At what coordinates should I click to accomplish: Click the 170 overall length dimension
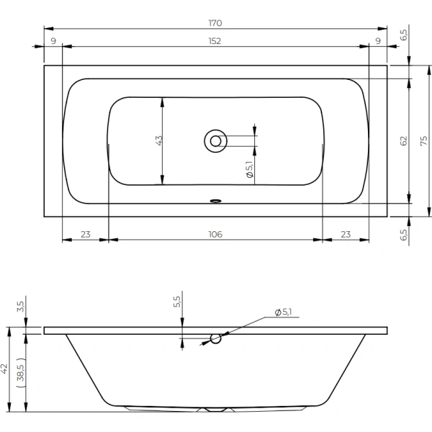215,23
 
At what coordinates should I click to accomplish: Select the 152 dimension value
215,41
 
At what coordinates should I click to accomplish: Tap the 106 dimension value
215,235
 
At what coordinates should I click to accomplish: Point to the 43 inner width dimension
159,140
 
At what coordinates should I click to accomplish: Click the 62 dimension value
404,141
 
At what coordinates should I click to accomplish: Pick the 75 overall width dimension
424,141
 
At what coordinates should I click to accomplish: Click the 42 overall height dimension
4,369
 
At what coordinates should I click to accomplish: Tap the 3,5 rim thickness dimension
21,307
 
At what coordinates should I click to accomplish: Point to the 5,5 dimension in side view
177,302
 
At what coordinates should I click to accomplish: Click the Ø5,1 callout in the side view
283,312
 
